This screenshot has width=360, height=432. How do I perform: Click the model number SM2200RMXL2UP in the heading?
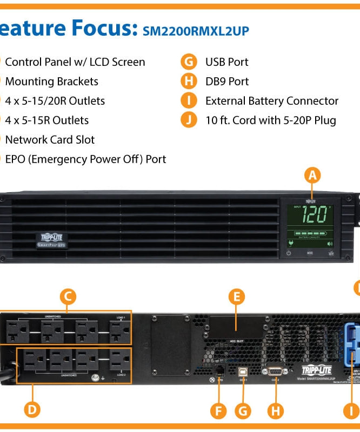195,31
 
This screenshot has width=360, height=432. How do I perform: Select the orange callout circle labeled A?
312,175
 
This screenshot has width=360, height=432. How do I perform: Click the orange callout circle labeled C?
67,296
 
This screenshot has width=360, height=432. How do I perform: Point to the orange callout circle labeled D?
33,410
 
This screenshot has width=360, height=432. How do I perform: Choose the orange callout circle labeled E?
236,296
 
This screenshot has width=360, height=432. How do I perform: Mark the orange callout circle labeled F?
219,410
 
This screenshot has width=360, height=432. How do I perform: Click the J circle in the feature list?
189,120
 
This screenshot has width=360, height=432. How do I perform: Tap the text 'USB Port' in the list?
226,62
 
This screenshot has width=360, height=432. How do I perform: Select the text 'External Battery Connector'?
271,101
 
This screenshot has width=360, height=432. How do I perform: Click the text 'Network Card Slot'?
50,140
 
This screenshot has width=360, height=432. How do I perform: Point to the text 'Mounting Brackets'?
51,82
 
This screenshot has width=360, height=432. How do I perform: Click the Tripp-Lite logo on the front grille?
52,239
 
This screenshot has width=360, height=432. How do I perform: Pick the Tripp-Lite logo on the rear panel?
316,370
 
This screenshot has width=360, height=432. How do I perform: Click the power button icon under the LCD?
289,252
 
